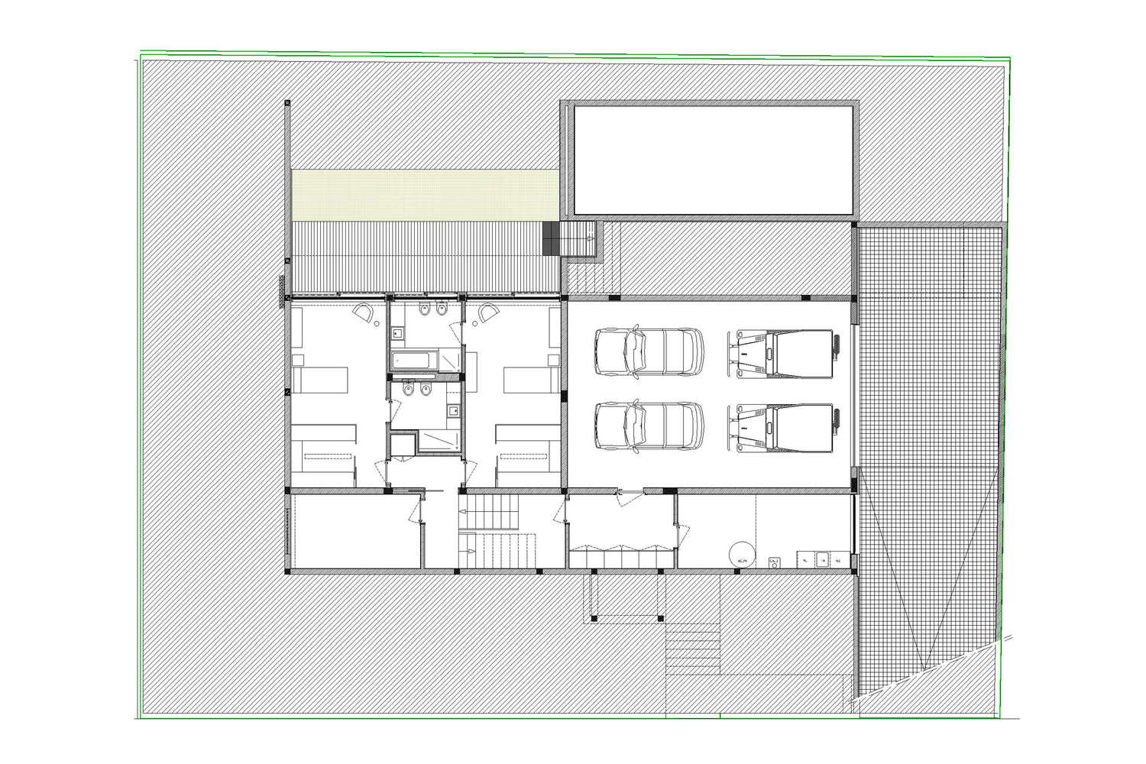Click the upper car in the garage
coord(649,351)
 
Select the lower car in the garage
coord(649,426)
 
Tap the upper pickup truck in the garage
coord(787,353)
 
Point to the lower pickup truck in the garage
coord(787,427)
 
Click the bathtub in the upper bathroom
coord(413,360)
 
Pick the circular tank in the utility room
coord(740,554)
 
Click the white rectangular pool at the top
coord(713,160)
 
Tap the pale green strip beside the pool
coord(425,195)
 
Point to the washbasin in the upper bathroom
coord(398,333)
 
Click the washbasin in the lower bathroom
coord(453,412)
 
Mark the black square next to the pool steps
coord(552,238)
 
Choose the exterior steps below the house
coord(693,649)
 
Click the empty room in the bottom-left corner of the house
coord(355,531)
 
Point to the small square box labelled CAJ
coord(774,562)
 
